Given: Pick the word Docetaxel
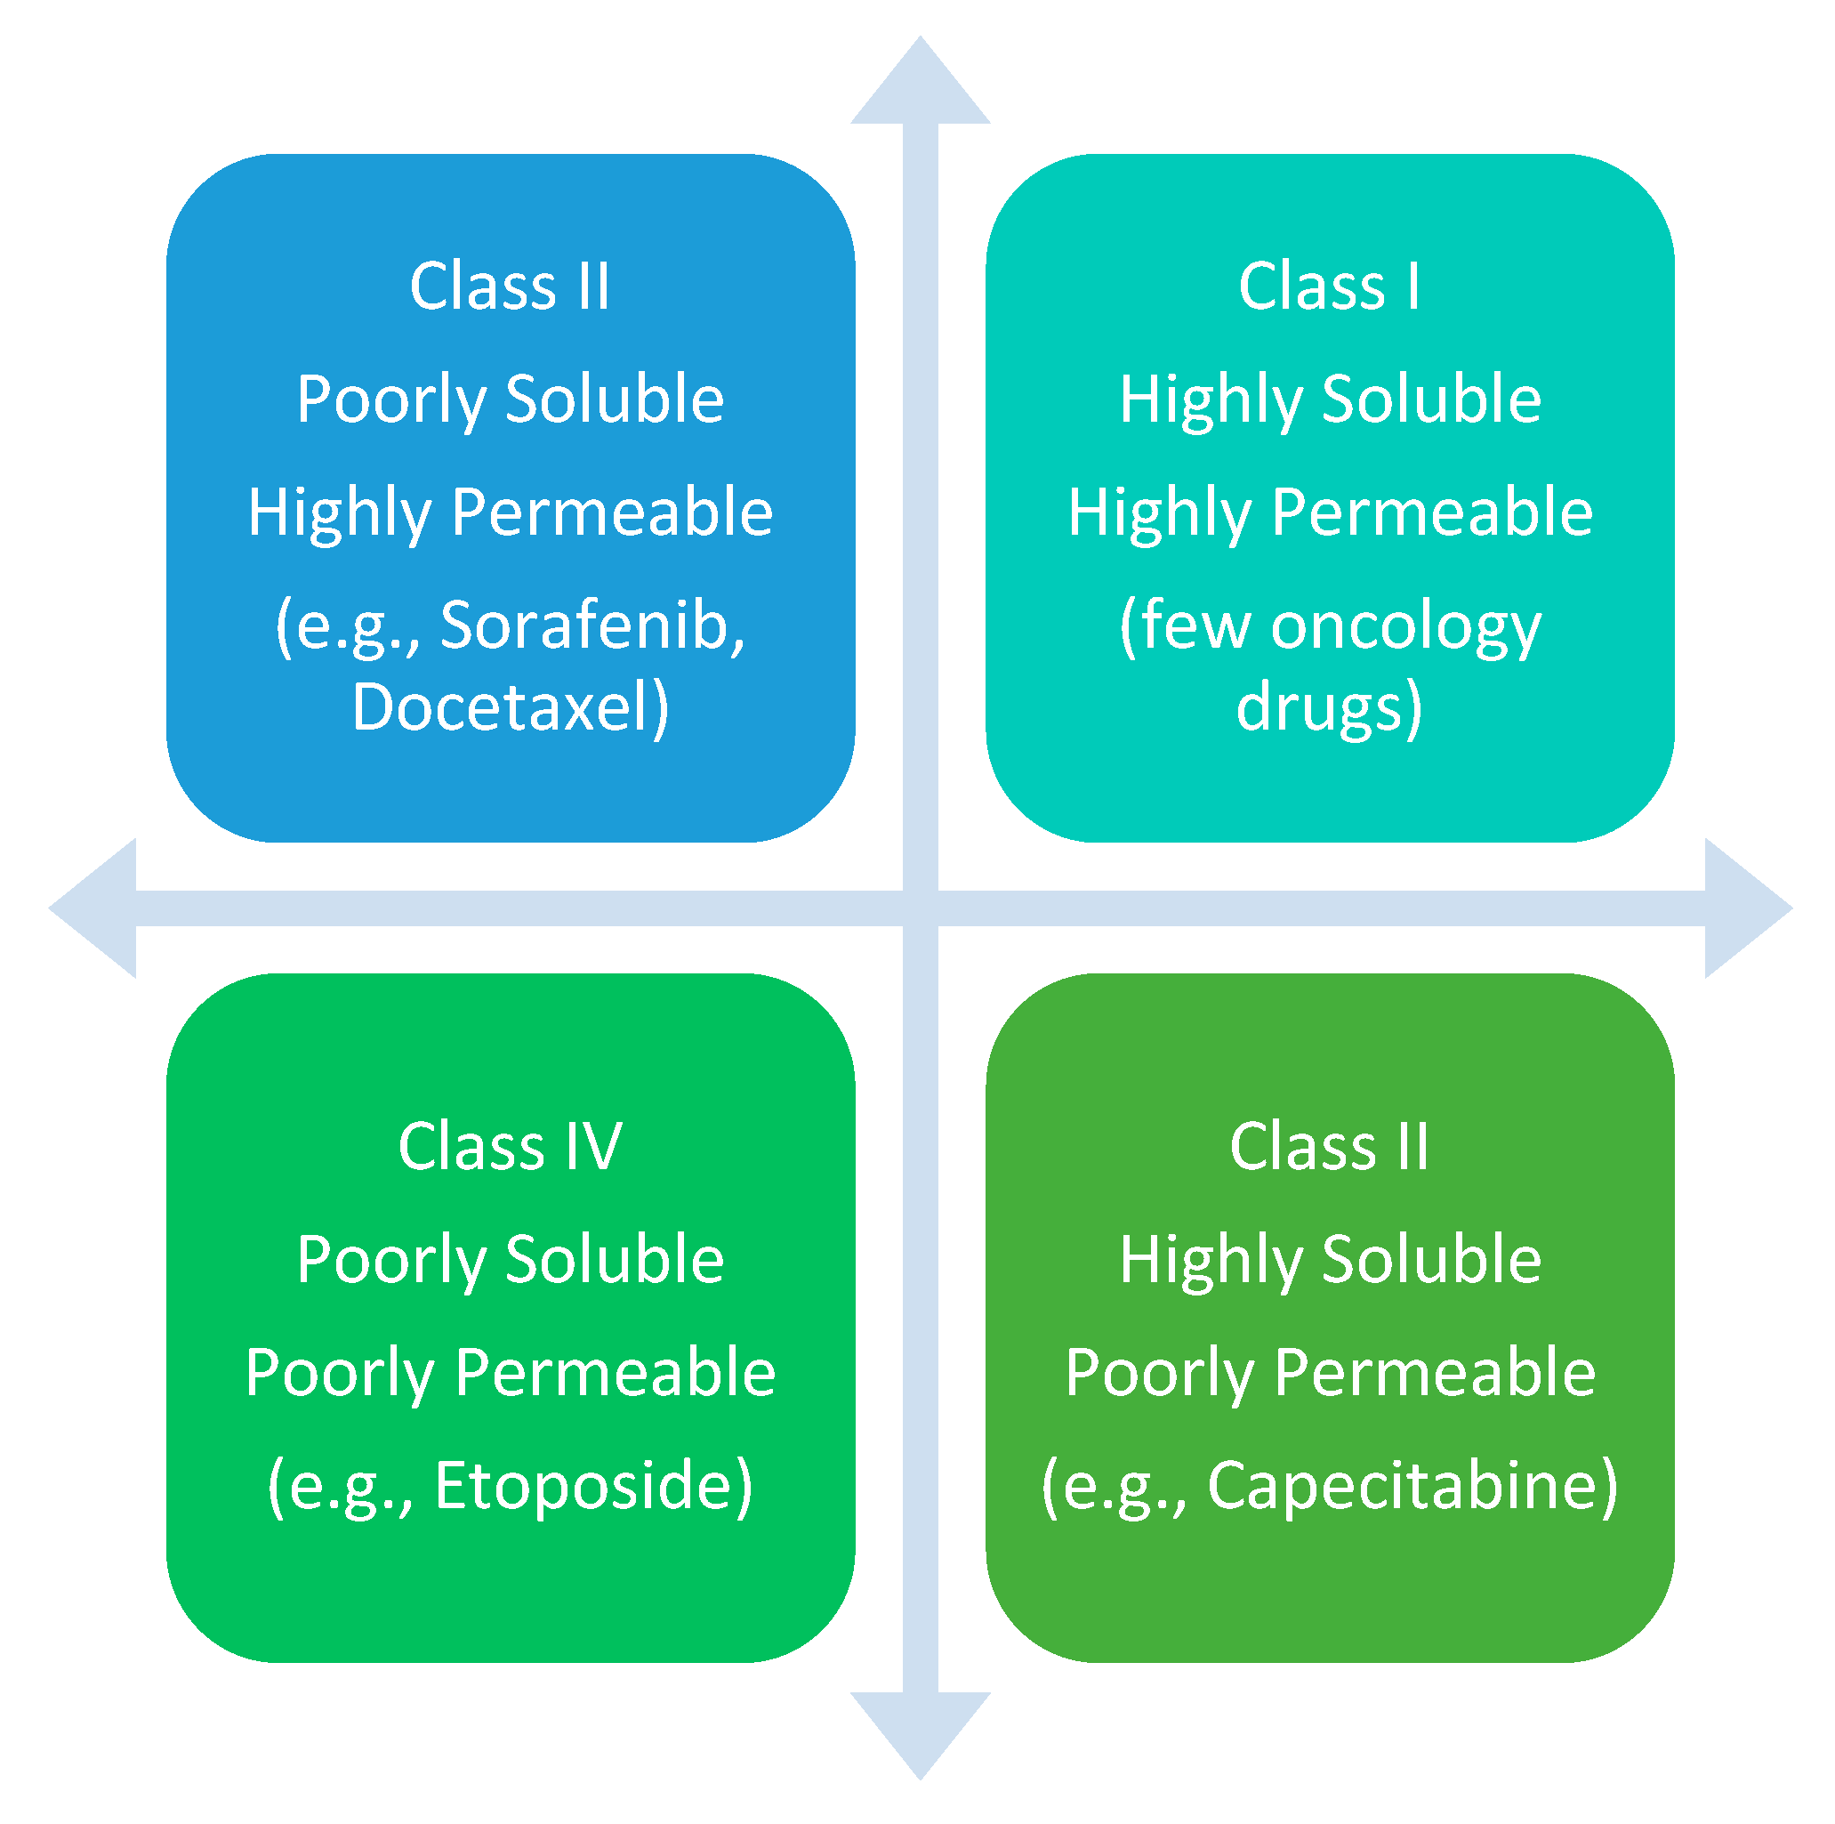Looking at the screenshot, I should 499,706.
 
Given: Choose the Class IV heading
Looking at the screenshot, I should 510,1146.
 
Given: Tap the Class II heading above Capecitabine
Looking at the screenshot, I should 1329,1146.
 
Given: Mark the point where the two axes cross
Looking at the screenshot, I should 920,908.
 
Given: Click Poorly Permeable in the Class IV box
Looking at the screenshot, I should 510,1373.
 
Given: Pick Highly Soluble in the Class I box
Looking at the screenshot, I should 1329,399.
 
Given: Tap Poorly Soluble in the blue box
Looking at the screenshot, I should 510,399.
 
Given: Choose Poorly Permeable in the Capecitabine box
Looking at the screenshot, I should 1329,1373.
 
